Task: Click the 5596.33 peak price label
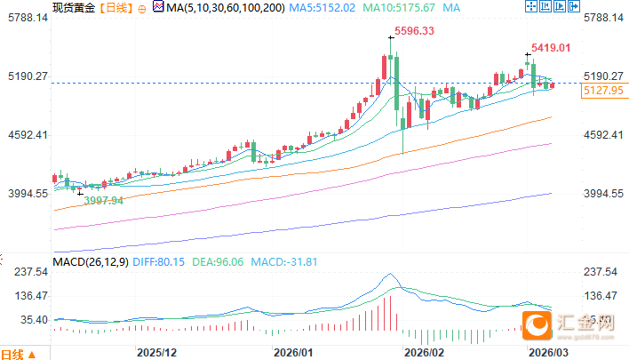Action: [414, 31]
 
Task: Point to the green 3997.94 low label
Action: [103, 201]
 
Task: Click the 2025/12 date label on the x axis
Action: [156, 352]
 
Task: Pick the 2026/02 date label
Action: [423, 352]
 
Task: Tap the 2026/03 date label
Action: [547, 352]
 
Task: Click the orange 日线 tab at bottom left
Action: [15, 354]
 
